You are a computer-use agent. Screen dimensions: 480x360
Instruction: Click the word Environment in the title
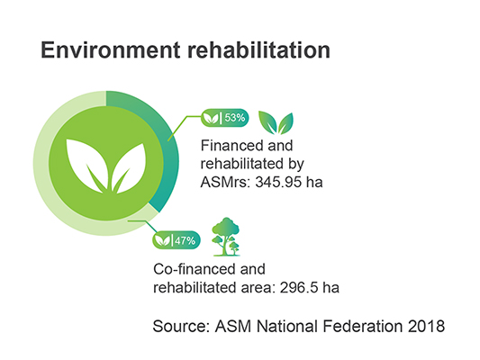click(x=111, y=49)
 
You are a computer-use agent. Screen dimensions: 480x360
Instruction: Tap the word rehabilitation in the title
click(x=258, y=49)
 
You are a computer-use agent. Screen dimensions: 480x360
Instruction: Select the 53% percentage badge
click(x=225, y=118)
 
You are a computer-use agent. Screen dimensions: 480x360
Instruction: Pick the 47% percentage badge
click(x=177, y=240)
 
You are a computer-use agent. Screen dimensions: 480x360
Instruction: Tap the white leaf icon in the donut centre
click(x=106, y=166)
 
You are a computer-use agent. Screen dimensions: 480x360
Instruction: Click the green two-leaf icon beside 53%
click(x=276, y=122)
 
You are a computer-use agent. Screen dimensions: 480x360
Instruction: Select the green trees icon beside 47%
click(x=226, y=237)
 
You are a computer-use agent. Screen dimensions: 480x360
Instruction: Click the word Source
click(x=181, y=326)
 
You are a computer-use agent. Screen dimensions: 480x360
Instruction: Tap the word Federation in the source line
click(x=363, y=326)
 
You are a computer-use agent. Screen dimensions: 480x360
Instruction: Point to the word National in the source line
click(x=287, y=326)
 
